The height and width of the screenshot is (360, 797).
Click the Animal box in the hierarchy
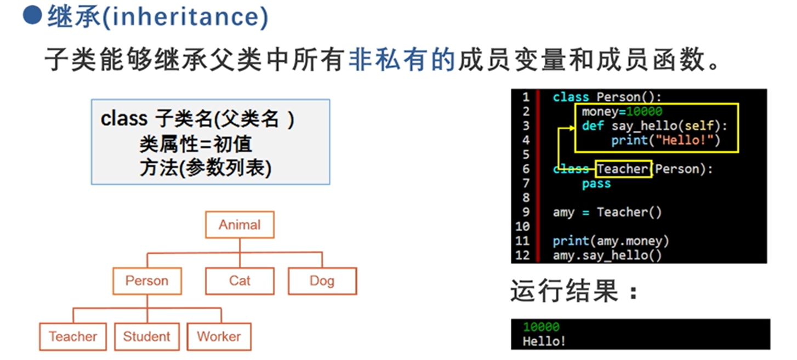tap(240, 225)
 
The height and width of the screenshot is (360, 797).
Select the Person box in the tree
tap(146, 281)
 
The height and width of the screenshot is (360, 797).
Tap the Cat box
tap(240, 281)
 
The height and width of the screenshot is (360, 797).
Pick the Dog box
tap(322, 281)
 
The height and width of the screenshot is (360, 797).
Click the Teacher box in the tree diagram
tap(73, 336)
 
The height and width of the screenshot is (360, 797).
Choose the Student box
tap(146, 336)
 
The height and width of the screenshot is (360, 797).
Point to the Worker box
tap(219, 336)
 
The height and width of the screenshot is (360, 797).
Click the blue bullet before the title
tap(32, 16)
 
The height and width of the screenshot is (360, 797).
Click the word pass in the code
tap(596, 184)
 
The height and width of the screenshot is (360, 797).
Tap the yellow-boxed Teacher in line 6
tap(623, 169)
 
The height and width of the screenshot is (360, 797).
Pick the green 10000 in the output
tap(541, 327)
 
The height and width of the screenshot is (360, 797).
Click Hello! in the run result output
tap(544, 341)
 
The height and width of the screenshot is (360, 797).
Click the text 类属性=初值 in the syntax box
tap(196, 144)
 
